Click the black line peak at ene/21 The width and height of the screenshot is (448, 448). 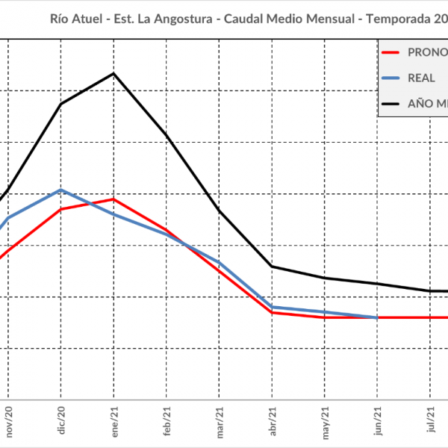tap(113, 73)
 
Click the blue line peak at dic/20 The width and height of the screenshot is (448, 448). tap(61, 190)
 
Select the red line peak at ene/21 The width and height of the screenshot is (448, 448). tap(113, 199)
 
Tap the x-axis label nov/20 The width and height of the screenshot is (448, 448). tap(9, 422)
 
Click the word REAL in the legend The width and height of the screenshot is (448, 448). tap(422, 78)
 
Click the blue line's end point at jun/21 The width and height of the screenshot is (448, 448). tap(378, 317)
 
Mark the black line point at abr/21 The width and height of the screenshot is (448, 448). tap(273, 267)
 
